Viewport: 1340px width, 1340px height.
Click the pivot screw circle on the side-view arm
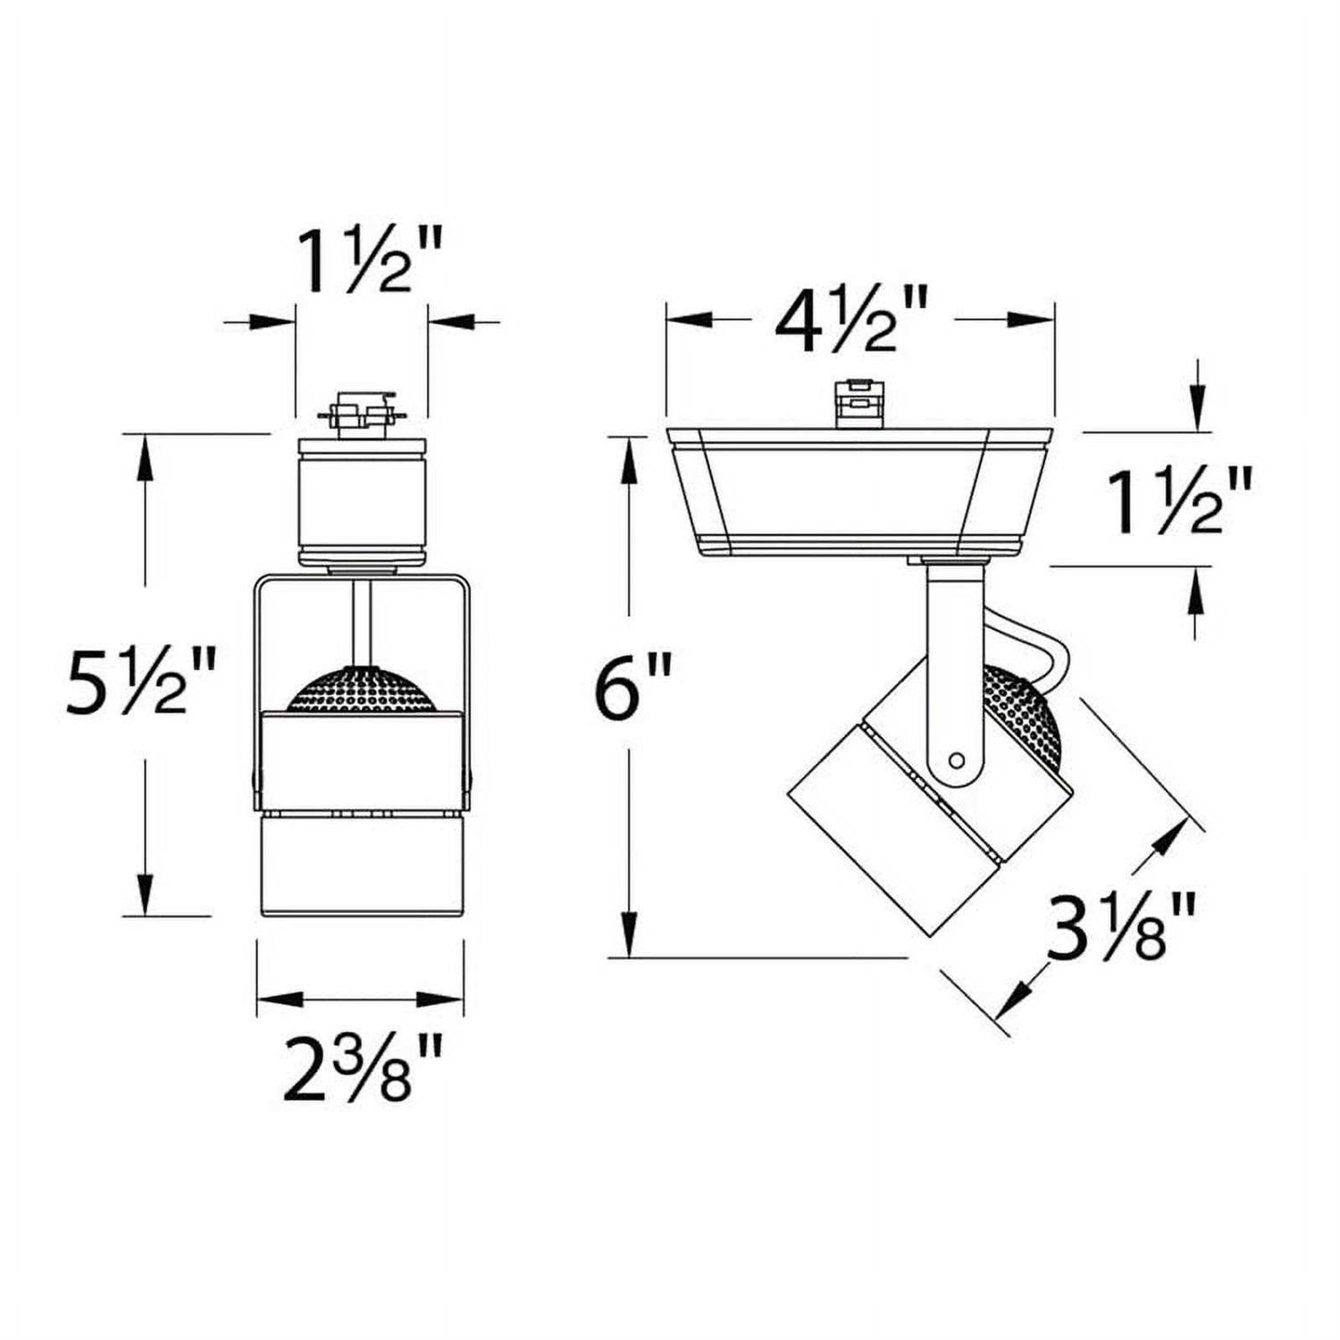pyautogui.click(x=957, y=761)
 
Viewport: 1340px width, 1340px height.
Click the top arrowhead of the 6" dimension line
pyautogui.click(x=631, y=451)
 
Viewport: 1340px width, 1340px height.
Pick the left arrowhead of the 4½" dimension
pyautogui.click(x=688, y=319)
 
